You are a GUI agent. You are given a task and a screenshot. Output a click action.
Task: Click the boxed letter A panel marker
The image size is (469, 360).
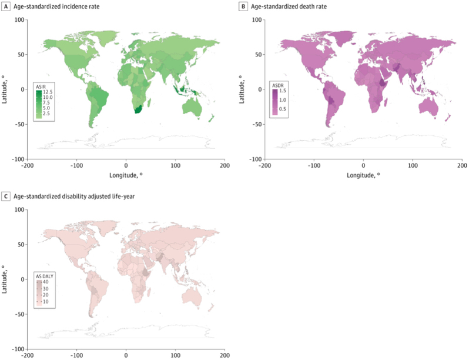5,5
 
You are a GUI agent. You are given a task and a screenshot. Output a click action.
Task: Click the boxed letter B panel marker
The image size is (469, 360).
243,5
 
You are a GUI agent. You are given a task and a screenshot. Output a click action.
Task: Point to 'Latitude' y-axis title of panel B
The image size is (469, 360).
242,89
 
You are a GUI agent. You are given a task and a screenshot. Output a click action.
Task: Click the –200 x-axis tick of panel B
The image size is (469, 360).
264,165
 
